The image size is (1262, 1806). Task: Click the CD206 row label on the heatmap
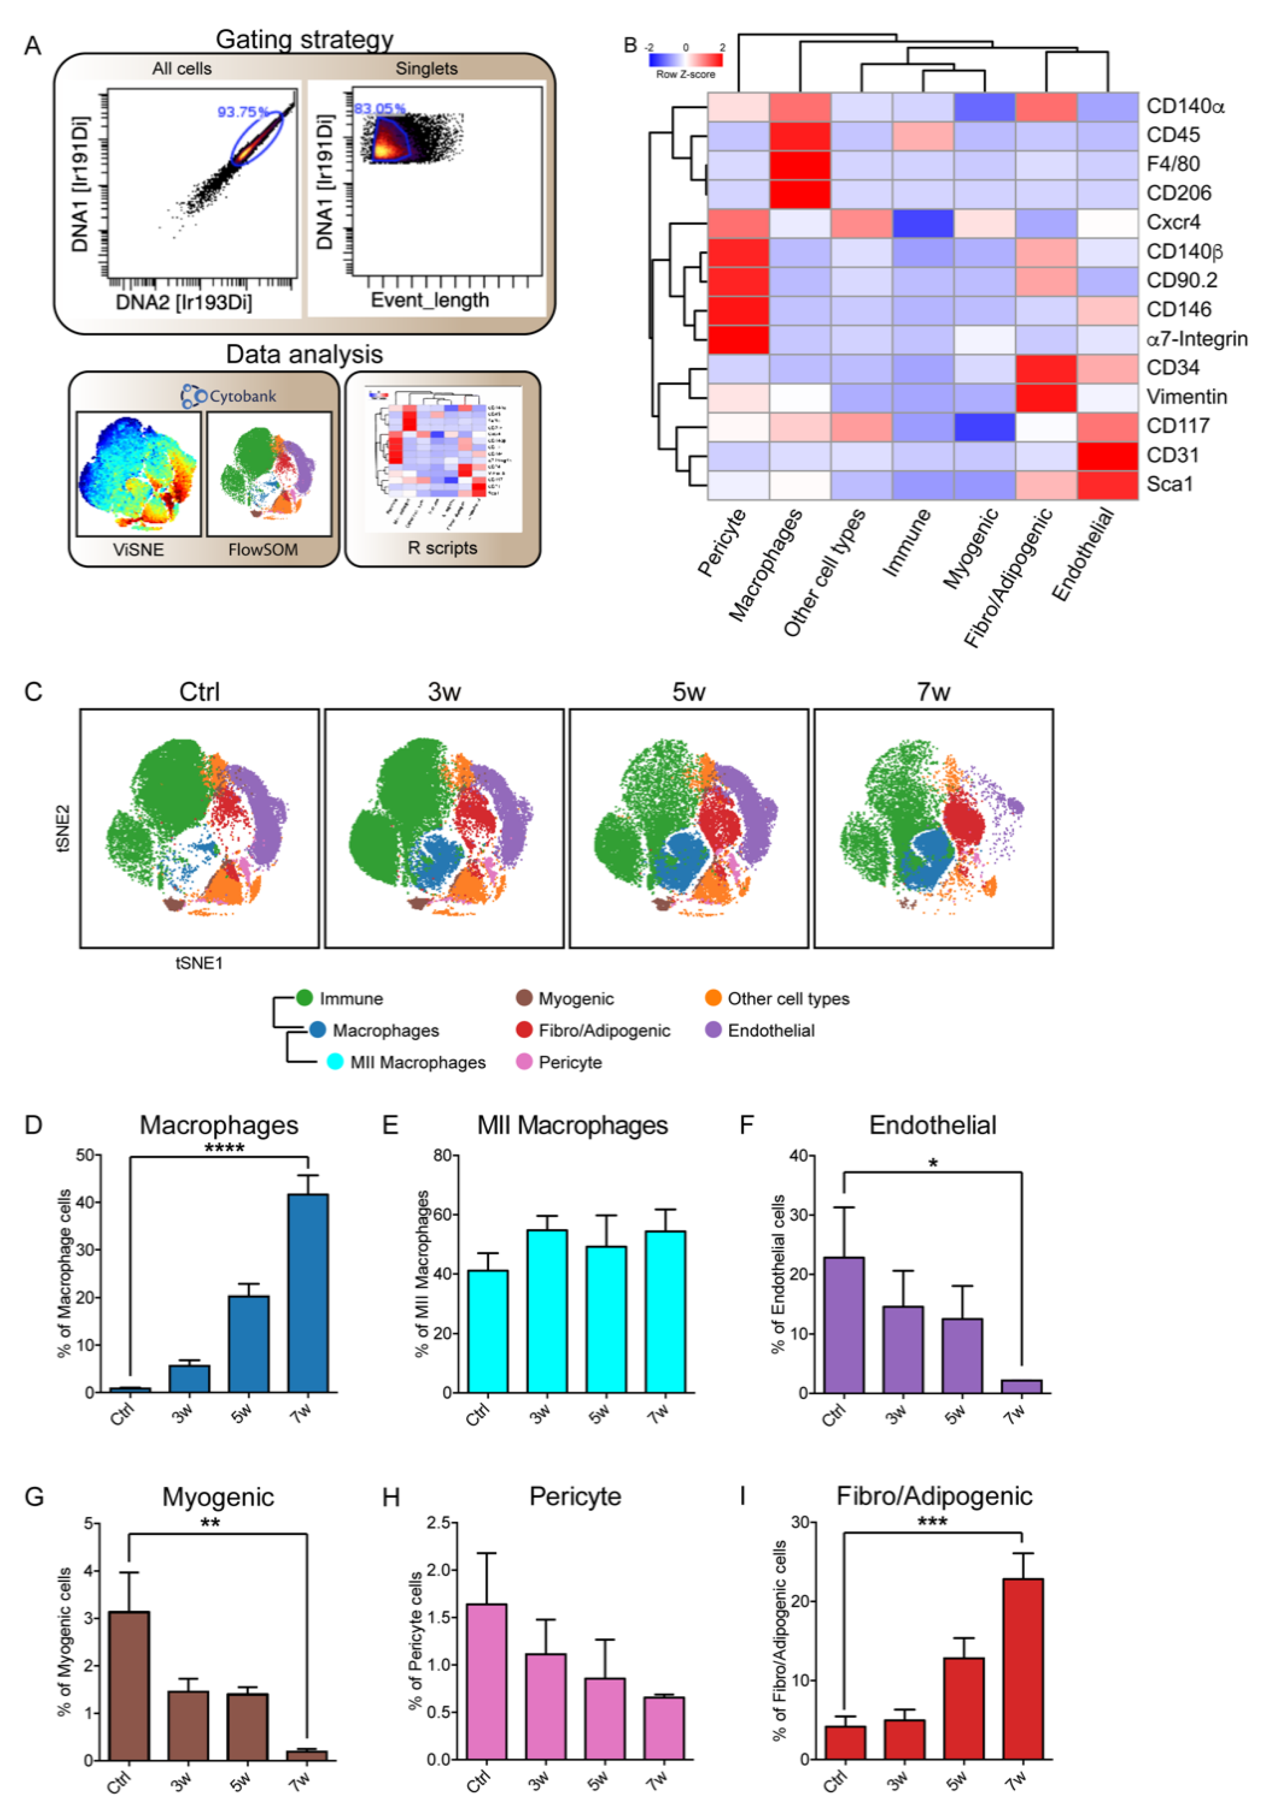(x=1178, y=193)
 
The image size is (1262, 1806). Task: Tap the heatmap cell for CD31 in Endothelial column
(x=1107, y=456)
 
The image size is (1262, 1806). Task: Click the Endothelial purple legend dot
(x=713, y=1030)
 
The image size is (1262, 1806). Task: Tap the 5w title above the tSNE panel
(x=688, y=692)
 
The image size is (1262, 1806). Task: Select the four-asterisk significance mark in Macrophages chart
(x=224, y=1148)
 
